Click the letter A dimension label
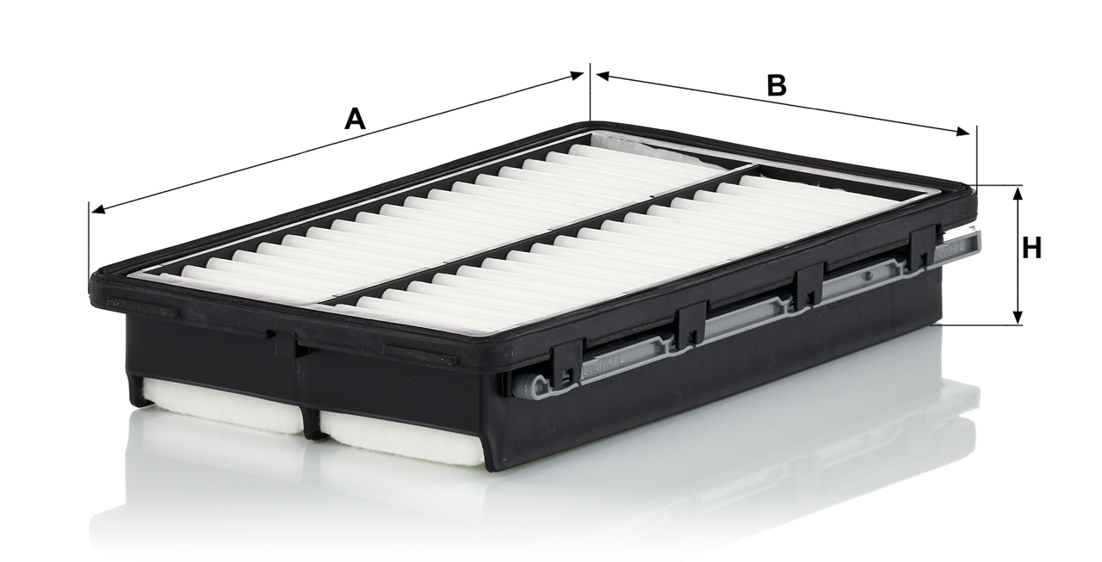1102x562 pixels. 355,119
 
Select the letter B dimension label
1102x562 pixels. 777,85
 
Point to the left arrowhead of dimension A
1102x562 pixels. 98,210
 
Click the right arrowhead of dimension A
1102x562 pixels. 576,75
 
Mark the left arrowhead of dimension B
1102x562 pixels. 604,77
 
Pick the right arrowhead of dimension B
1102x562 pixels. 963,132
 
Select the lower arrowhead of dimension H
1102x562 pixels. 1018,317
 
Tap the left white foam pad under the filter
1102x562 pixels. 221,405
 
